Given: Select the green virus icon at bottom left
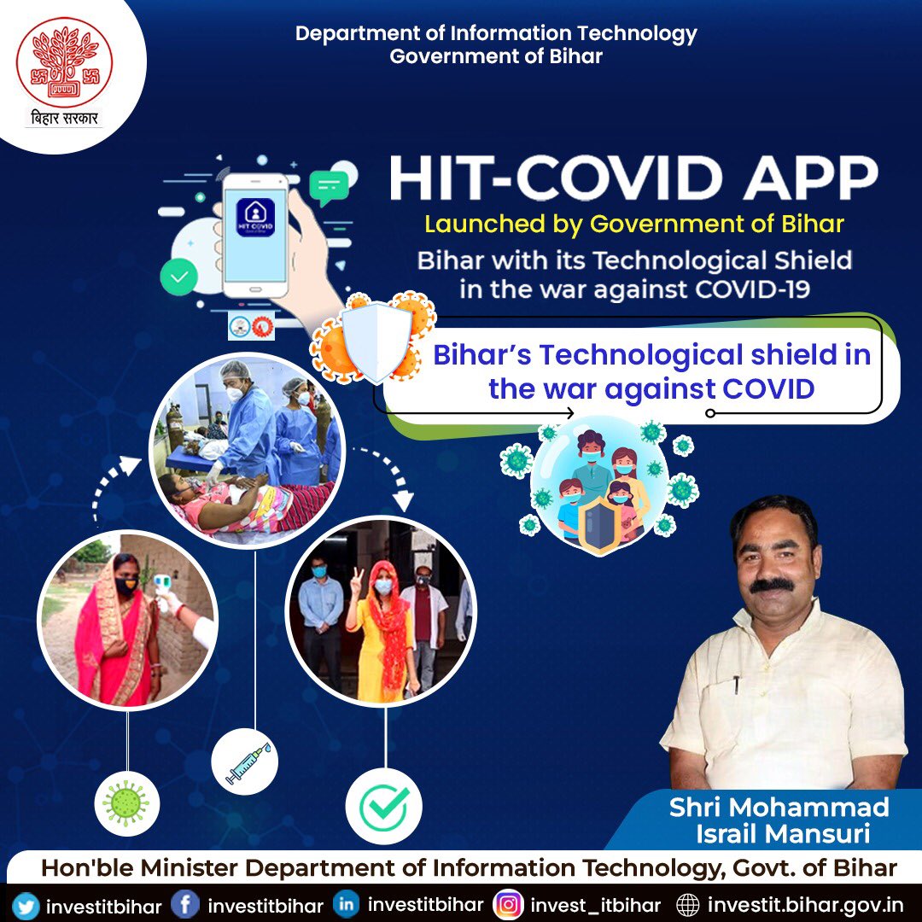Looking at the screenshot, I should coord(126,804).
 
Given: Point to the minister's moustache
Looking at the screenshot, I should coord(771,586).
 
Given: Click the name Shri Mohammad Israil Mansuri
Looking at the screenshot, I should coord(779,818).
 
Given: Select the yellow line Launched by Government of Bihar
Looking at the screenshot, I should coord(634,225).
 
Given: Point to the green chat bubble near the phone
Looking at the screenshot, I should coord(329,185).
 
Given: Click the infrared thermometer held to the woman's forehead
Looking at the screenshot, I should coord(163,585).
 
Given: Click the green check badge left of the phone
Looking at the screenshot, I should coord(178,276).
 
